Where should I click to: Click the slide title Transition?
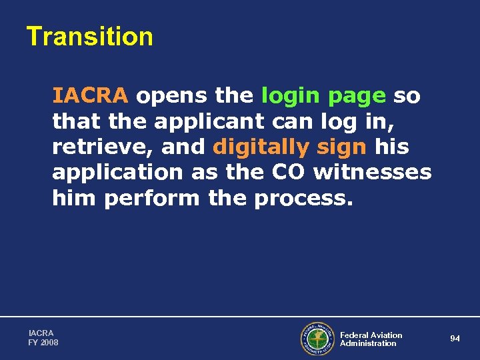(x=89, y=36)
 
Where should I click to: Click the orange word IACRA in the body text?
(x=90, y=96)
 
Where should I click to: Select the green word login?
(x=290, y=96)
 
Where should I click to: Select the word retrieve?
(x=103, y=147)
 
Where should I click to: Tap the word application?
(x=117, y=173)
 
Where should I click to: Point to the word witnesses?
(x=373, y=172)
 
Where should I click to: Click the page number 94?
(x=455, y=339)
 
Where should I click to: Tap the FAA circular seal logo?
(x=317, y=339)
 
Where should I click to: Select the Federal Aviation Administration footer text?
(x=371, y=339)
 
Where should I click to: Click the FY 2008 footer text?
(x=43, y=343)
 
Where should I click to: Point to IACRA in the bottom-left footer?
(x=41, y=333)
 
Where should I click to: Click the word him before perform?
(x=75, y=198)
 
